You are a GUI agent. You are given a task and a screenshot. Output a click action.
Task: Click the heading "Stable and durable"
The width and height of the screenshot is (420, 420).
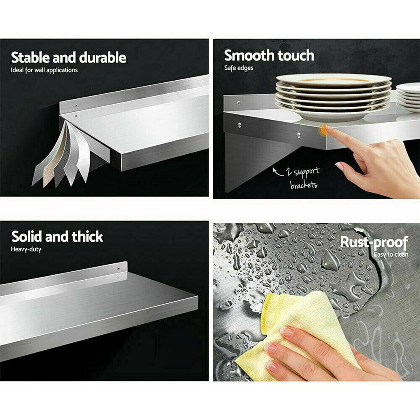68,57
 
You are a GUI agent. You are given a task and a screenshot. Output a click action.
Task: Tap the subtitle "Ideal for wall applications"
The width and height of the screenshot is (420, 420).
44,70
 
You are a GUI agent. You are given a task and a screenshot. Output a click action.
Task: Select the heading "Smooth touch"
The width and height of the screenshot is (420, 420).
269,55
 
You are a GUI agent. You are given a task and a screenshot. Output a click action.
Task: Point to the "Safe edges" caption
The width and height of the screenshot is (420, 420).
239,68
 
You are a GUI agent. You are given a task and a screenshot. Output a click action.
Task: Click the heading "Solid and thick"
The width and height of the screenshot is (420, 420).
57,236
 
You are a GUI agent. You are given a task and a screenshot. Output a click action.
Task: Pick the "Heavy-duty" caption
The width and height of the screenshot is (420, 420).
26,249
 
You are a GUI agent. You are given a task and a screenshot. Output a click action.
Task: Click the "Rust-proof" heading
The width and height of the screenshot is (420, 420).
374,242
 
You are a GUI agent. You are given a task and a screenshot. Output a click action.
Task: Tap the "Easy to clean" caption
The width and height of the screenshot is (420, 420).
391,254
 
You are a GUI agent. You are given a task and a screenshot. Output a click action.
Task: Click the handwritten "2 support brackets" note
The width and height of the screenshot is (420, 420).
304,178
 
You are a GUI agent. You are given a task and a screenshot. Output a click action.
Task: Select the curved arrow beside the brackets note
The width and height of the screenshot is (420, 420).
277,172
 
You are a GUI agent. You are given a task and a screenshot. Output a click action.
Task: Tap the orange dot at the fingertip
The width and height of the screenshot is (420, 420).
324,131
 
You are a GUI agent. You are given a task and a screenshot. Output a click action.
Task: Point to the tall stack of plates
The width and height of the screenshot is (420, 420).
333,97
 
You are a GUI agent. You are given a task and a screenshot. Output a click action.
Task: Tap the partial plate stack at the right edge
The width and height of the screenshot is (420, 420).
408,97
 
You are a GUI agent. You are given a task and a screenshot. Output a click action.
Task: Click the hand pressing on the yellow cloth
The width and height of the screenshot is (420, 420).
329,354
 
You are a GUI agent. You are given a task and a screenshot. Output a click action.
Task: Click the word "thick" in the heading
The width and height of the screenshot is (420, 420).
87,236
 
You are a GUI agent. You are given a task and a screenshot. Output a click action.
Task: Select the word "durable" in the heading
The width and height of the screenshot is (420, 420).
103,57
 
